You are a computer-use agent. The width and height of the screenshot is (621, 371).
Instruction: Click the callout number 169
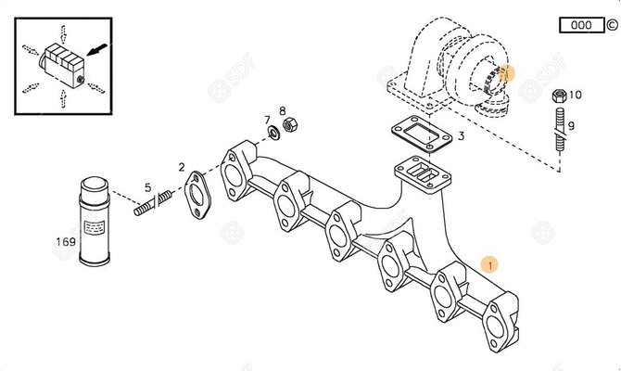click(66, 241)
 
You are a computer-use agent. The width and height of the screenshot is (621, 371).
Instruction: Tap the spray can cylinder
click(95, 221)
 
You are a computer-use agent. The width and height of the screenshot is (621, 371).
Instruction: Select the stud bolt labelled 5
click(153, 202)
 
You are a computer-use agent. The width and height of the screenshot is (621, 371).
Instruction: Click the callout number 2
click(182, 167)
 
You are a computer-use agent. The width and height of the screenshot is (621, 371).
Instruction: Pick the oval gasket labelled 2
click(197, 195)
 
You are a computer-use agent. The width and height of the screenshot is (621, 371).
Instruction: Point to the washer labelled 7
click(273, 132)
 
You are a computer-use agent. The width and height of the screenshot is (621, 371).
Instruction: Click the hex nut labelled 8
click(290, 125)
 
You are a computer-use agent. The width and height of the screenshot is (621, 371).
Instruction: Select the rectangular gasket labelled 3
click(422, 134)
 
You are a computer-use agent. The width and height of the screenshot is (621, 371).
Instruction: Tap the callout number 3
click(461, 136)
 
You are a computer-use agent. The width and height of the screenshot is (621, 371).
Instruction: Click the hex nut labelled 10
click(559, 96)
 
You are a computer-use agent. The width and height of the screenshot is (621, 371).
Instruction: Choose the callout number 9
click(571, 125)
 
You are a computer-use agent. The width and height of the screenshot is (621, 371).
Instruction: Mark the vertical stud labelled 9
click(560, 129)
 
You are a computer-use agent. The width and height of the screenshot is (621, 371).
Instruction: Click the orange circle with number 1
click(490, 264)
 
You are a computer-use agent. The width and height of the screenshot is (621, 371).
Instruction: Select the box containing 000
click(582, 25)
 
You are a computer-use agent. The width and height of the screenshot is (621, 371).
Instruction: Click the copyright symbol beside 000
click(613, 25)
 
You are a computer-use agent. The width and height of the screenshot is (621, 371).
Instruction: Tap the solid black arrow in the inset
click(96, 49)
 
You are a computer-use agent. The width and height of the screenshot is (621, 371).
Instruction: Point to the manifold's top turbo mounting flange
click(423, 174)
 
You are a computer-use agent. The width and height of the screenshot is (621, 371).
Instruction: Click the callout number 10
click(575, 95)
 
